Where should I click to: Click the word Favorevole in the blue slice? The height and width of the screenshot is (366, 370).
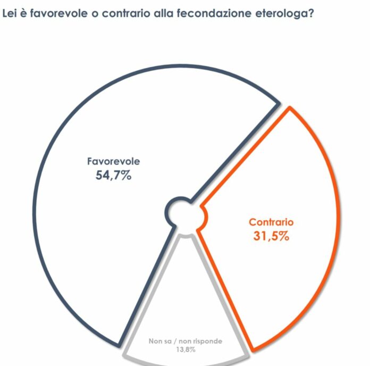point(113,162)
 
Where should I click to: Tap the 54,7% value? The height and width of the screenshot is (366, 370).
point(113,176)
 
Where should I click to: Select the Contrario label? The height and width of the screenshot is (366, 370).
point(271,222)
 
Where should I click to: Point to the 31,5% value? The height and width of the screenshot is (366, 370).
point(271,236)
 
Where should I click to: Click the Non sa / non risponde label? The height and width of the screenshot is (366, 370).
point(185,341)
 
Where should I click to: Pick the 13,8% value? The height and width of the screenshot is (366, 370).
point(185,350)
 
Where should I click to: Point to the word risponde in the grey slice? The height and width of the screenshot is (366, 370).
point(207,341)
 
